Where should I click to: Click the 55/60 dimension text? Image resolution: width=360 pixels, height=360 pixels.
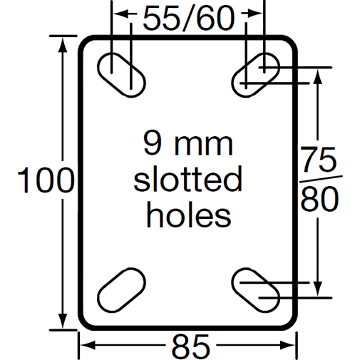(188, 17)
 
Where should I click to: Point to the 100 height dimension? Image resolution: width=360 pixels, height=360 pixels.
(44, 181)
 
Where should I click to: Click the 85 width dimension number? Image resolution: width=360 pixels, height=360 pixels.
(190, 346)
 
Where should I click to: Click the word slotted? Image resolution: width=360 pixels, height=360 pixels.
(188, 180)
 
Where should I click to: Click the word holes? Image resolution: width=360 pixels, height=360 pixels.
(188, 215)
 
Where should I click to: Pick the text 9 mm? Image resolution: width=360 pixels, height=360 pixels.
(188, 145)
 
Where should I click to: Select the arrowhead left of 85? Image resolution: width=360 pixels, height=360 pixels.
(84, 346)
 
